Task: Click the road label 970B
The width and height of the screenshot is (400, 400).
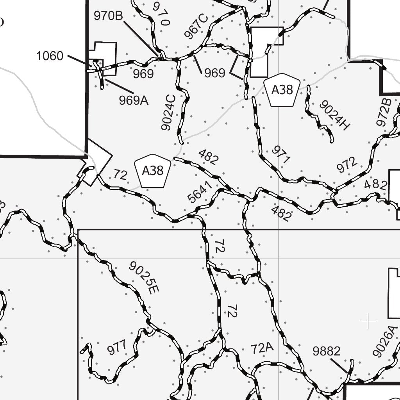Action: tap(108, 16)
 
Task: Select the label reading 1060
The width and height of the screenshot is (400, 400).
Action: tap(50, 56)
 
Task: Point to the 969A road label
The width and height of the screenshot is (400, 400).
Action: tap(134, 100)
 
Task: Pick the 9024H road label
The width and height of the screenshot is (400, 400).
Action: tap(334, 115)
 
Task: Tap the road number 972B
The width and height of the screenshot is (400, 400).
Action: tap(384, 112)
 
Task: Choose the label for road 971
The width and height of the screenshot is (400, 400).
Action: tap(281, 155)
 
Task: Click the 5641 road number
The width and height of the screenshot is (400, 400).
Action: tap(200, 192)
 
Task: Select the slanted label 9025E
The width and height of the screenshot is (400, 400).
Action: tap(144, 277)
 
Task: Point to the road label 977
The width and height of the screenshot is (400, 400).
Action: tap(117, 347)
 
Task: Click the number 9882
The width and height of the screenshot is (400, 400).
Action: tap(327, 351)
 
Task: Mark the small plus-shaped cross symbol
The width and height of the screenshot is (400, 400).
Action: tap(368, 321)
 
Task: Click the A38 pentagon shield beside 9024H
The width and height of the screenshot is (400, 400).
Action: tap(282, 90)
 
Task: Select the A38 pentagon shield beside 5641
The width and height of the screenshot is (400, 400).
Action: tap(152, 171)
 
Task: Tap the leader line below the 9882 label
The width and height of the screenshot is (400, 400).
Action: tap(339, 365)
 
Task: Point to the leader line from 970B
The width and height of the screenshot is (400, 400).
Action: tap(141, 38)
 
